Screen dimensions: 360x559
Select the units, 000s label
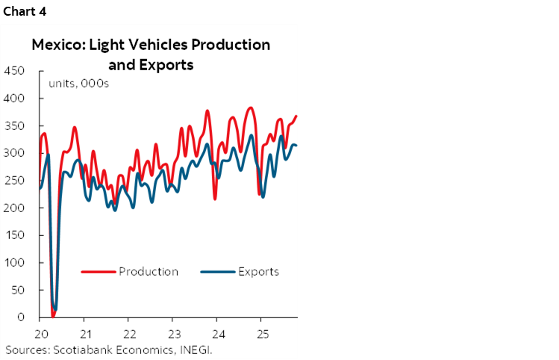pos(79,83)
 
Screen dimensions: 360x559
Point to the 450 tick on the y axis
pos(14,71)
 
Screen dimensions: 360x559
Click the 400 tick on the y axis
pos(14,99)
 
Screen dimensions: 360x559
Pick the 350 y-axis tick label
pos(14,125)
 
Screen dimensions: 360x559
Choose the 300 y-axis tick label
pos(14,153)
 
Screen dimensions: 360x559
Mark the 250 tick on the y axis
pos(14,181)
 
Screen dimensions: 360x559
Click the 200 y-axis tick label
pos(14,208)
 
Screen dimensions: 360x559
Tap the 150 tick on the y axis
pos(14,235)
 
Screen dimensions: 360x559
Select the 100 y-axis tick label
pos(14,263)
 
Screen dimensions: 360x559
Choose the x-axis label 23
pos(173,332)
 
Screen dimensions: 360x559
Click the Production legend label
pos(149,271)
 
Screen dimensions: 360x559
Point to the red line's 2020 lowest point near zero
pos(52,315)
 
